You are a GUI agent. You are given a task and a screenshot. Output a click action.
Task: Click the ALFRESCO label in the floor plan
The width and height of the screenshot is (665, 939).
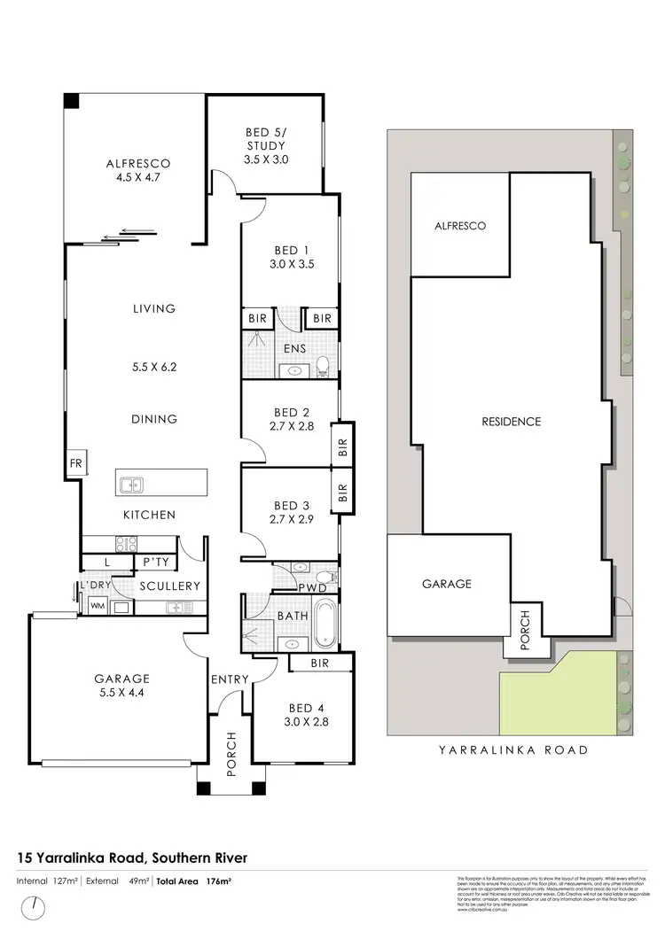137,164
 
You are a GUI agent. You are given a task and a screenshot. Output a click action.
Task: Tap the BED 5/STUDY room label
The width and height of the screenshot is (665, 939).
266,146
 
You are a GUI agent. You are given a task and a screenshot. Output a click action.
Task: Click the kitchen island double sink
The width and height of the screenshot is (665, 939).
133,485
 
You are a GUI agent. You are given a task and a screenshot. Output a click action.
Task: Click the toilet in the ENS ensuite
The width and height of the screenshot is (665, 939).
324,363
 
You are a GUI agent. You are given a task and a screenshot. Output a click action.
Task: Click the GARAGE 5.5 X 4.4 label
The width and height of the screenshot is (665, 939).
122,687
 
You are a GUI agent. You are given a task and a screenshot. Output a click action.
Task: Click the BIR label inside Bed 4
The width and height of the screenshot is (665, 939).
321,664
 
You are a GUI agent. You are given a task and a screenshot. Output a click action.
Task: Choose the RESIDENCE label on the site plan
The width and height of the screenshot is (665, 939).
512,422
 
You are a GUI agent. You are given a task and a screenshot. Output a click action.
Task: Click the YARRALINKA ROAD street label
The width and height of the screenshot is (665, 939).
513,749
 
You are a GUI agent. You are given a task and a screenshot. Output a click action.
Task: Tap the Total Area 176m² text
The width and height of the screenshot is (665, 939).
194,881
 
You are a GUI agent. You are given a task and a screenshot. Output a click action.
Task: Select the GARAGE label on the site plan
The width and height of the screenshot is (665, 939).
446,584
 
